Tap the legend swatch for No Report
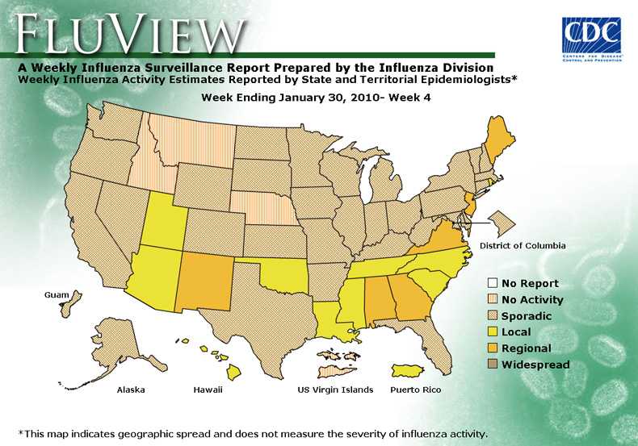pos(491,283)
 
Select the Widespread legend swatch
pos(491,365)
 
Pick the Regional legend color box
pos(491,348)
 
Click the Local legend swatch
pos(491,332)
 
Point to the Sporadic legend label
pos(527,316)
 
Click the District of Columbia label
pos(523,245)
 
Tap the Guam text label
pos(57,296)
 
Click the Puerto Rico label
pos(415,390)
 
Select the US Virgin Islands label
pos(335,390)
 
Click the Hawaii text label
pos(208,390)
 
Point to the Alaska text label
pos(131,390)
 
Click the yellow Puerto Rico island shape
pos(412,370)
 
